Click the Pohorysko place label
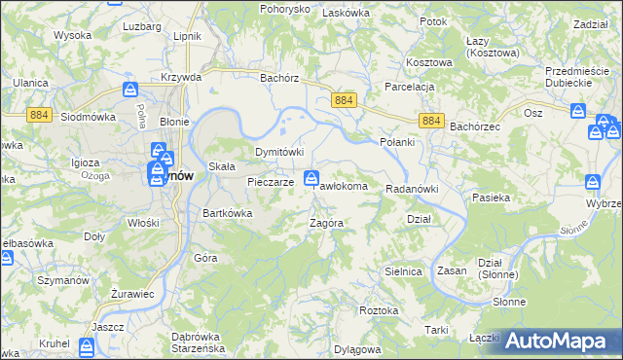[283, 9]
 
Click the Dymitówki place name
[279, 153]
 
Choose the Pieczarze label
[270, 182]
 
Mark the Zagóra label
[325, 223]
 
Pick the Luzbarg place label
[142, 25]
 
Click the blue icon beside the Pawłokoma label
[311, 178]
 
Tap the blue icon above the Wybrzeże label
[592, 182]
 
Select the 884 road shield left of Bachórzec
[433, 120]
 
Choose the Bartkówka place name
[227, 213]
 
